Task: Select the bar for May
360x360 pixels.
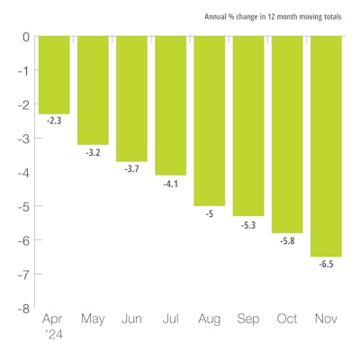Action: click(x=93, y=90)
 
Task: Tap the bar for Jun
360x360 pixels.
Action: click(x=131, y=98)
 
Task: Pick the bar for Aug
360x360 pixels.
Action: click(x=209, y=121)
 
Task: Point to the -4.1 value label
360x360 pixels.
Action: click(x=170, y=183)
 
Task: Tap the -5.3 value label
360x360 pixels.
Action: click(x=247, y=223)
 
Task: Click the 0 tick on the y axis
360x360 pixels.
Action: click(x=26, y=37)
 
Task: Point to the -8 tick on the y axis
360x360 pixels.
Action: click(x=23, y=308)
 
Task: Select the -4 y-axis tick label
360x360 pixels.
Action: click(x=23, y=172)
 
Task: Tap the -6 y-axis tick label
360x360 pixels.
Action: click(x=23, y=240)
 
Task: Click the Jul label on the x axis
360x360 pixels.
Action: click(x=170, y=319)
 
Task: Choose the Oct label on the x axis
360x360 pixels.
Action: click(x=286, y=319)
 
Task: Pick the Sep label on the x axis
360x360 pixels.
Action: click(x=247, y=319)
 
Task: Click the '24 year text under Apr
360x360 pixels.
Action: click(x=53, y=335)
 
